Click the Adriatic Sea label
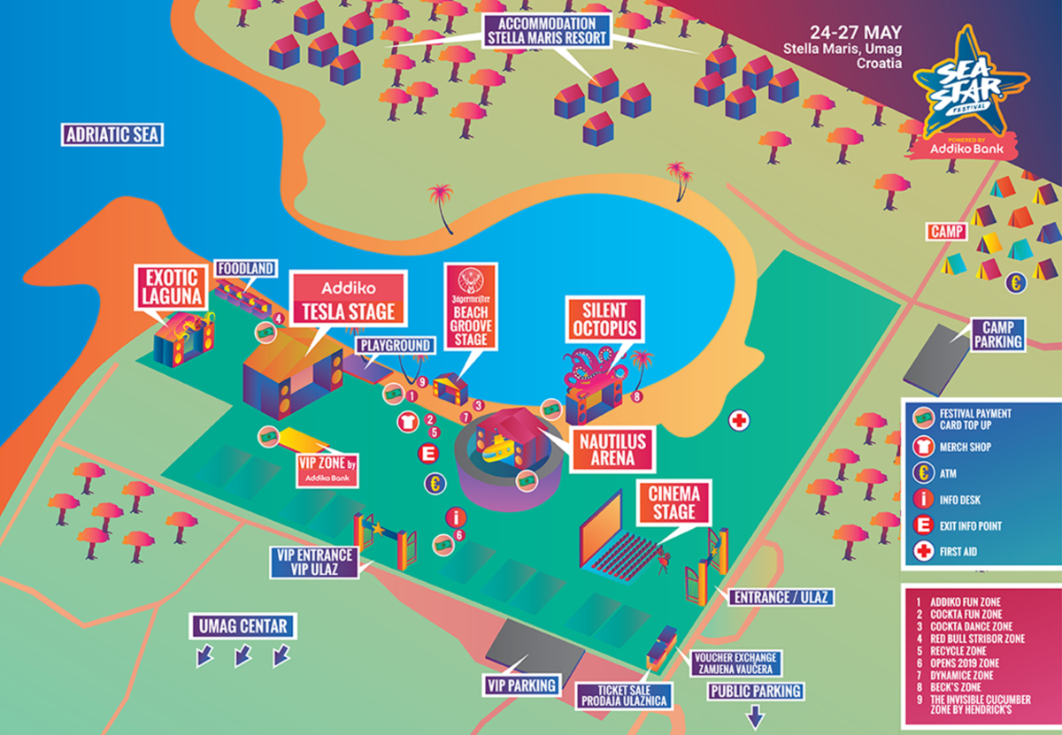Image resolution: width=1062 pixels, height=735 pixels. point(112,134)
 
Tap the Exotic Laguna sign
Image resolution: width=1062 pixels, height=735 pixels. point(172,287)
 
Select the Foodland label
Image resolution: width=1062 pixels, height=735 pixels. point(246,269)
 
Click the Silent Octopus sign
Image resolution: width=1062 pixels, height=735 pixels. point(604,319)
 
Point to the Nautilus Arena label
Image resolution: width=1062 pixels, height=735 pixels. point(612,449)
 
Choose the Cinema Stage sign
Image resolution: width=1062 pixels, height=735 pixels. point(673,502)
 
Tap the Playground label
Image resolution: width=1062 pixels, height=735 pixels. point(396,346)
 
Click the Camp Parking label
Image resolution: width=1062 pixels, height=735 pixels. point(998,334)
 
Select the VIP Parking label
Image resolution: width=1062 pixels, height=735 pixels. point(521,685)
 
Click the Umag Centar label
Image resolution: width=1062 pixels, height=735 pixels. point(242,626)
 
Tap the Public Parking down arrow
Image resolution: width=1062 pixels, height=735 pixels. point(755,717)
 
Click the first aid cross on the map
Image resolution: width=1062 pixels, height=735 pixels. point(739,420)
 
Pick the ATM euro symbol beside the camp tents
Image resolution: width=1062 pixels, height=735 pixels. point(1016,283)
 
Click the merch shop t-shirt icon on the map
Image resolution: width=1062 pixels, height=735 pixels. point(408,421)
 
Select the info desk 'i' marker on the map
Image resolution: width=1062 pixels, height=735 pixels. point(456,517)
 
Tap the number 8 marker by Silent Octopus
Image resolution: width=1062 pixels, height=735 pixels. point(636,396)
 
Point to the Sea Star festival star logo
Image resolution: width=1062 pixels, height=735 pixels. point(970,84)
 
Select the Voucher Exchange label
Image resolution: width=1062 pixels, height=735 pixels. point(735,663)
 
